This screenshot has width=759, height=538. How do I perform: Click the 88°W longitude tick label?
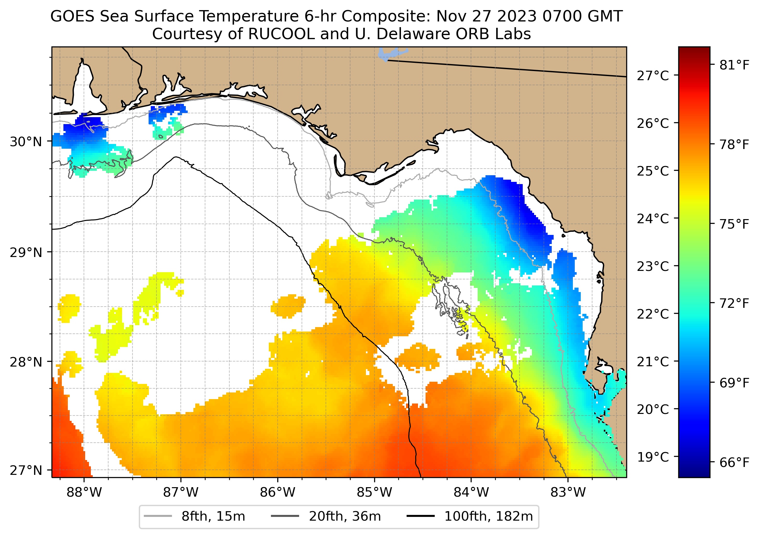(84, 492)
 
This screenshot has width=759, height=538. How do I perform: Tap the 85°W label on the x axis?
(374, 492)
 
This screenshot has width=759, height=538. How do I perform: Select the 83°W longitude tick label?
(568, 492)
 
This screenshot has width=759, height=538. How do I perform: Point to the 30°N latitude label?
(26, 142)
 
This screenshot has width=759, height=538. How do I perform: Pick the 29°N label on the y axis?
(26, 253)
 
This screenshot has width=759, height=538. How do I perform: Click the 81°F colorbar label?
(734, 65)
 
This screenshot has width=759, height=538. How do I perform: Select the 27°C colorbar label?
(652, 76)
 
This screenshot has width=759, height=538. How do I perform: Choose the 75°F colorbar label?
(734, 224)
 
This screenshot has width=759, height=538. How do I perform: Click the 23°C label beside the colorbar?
(652, 266)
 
